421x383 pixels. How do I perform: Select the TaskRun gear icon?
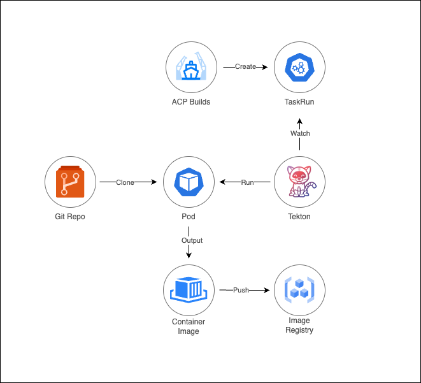tap(299, 68)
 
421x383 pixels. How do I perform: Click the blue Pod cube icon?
tap(188, 182)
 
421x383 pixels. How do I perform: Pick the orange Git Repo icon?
tap(70, 182)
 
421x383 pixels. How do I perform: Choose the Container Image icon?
tap(189, 289)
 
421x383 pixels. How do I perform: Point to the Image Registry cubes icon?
tap(299, 290)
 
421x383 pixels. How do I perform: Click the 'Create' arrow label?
tap(245, 66)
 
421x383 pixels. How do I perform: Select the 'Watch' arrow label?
tap(300, 133)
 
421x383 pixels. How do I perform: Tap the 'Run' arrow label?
tap(247, 182)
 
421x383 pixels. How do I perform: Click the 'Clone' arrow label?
tap(125, 182)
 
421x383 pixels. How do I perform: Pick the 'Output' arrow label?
tap(192, 240)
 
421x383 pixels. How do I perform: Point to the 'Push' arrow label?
tap(241, 291)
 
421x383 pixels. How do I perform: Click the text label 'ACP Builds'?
tap(191, 102)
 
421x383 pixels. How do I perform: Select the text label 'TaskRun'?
tap(299, 102)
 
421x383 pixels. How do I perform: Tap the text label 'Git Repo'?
tap(70, 217)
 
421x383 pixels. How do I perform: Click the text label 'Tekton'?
tap(299, 217)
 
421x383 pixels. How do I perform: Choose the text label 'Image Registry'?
tap(299, 326)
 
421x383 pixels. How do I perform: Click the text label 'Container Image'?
tap(189, 326)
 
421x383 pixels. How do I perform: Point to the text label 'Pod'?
tap(188, 217)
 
